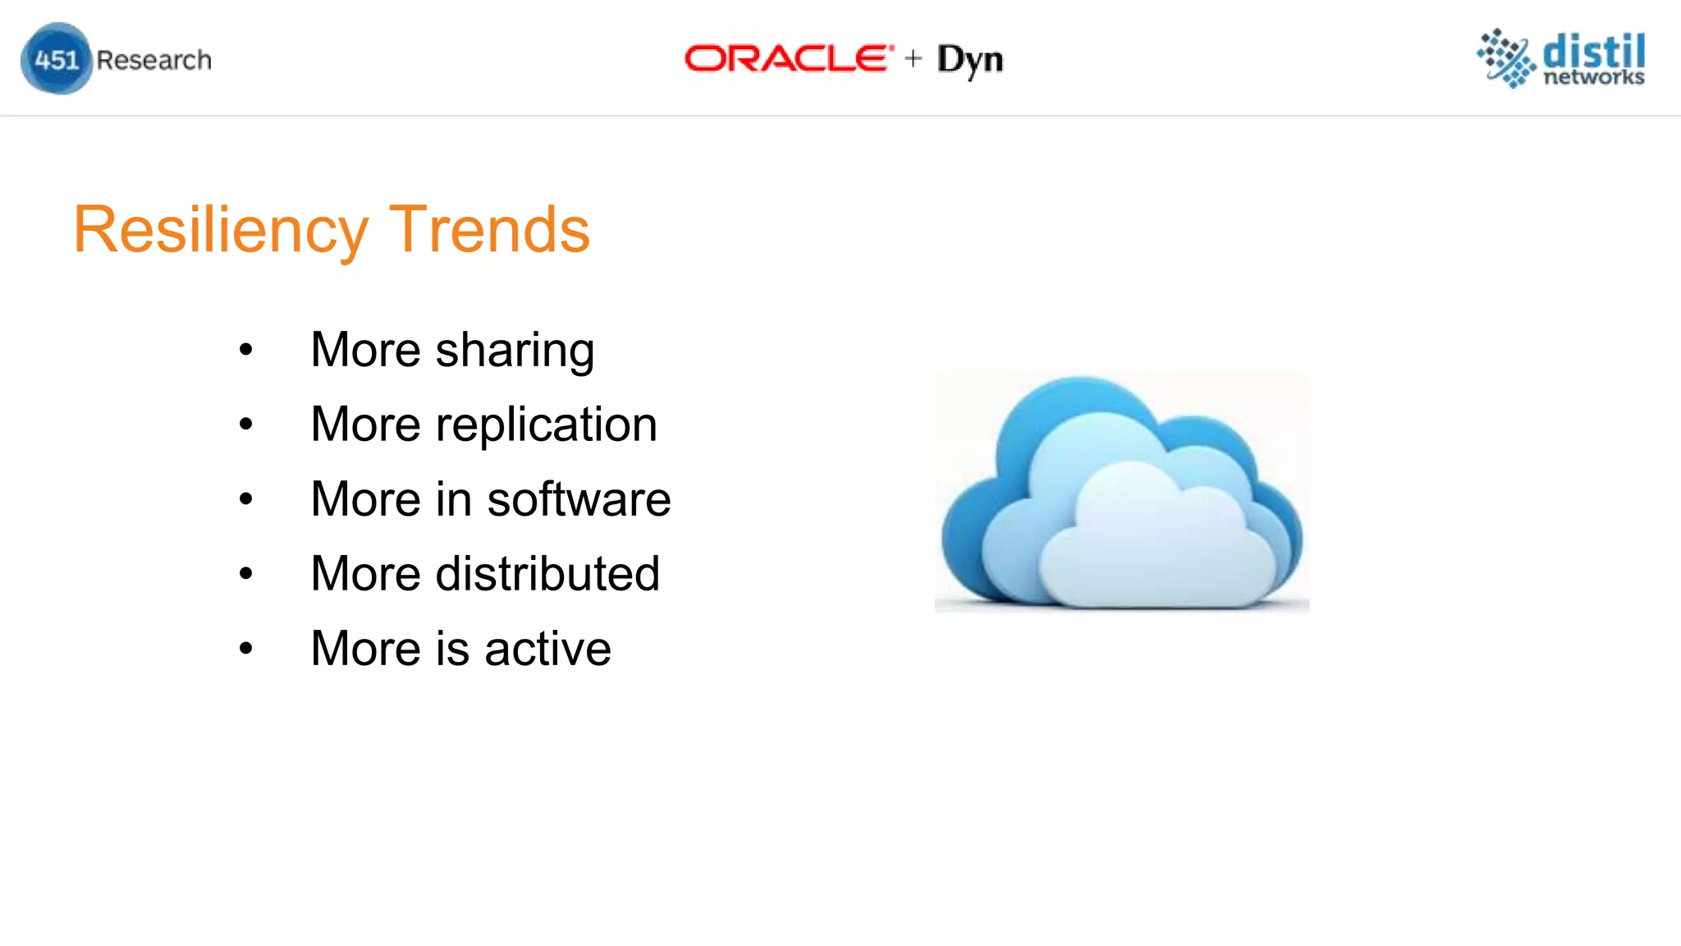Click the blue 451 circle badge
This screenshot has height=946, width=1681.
[x=56, y=59]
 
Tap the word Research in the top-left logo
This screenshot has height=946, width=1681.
[x=153, y=60]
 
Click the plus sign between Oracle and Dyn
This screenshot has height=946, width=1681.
[x=913, y=58]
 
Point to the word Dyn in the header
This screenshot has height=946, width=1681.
[x=970, y=60]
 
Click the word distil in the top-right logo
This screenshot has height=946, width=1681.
[x=1593, y=51]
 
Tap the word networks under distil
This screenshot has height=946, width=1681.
[x=1593, y=77]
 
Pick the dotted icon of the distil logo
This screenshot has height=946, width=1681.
[x=1505, y=57]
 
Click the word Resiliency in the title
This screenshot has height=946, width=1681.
[x=220, y=230]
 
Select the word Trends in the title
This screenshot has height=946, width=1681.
[x=489, y=230]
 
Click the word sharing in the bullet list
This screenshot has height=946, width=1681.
[x=515, y=351]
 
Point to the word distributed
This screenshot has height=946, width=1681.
[x=547, y=573]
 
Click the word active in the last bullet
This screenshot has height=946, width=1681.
[x=547, y=649]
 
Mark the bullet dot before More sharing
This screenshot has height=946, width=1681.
[x=245, y=351]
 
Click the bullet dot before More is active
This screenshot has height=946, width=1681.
[x=245, y=649]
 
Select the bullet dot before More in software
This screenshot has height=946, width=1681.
[x=245, y=499]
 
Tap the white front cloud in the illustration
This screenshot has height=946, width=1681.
[x=1157, y=550]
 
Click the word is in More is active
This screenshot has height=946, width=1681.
[x=452, y=649]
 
